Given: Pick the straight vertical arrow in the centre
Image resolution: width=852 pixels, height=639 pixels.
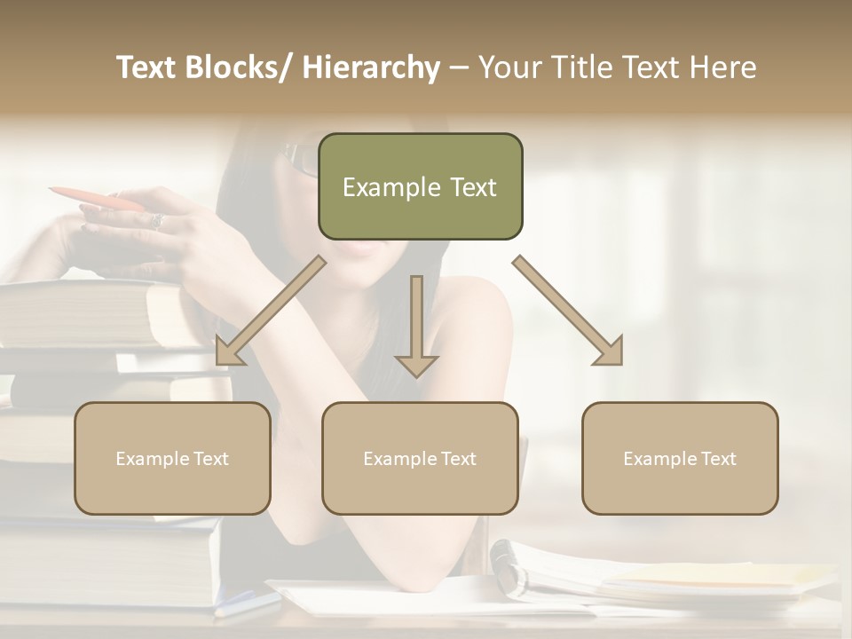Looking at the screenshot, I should pos(416,325).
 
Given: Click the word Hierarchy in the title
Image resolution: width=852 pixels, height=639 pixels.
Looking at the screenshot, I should pos(370,68).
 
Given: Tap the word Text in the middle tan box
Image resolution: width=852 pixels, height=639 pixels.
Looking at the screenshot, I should pos(458,459).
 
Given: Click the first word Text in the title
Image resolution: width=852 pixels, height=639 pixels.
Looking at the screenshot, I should pos(149,68).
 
